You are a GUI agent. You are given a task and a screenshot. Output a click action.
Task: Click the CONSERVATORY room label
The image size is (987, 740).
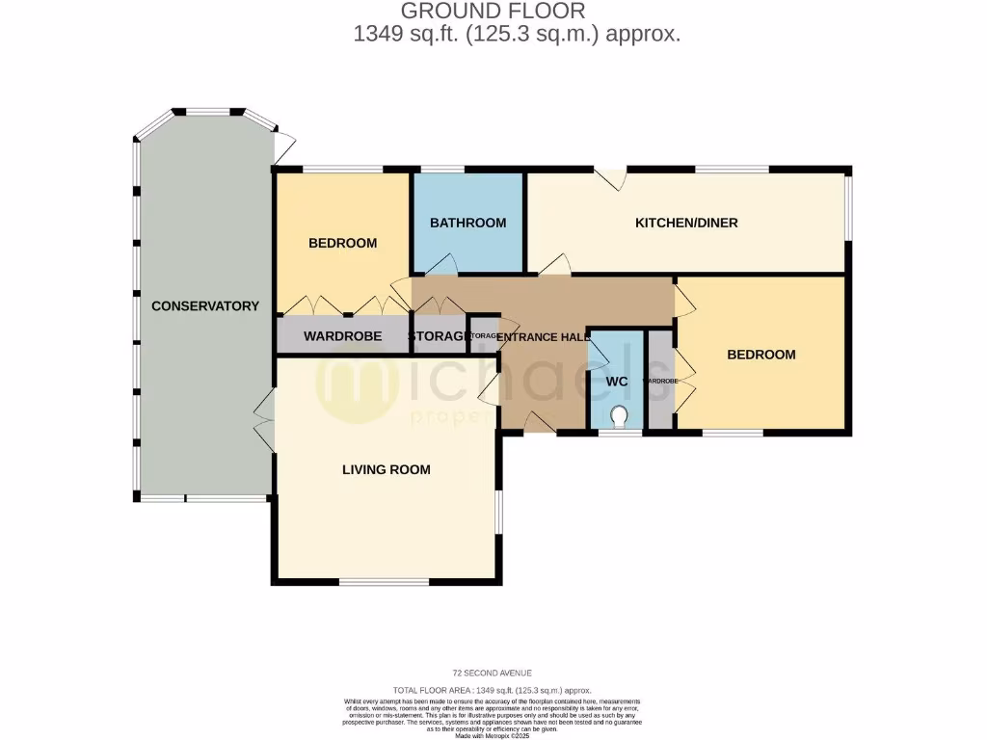[x=204, y=305]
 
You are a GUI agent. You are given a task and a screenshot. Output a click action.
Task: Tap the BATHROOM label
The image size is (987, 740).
[x=467, y=223]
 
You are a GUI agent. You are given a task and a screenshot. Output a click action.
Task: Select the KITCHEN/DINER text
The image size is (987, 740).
[x=685, y=223]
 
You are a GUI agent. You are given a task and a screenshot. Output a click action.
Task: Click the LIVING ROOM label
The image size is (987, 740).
[x=386, y=469]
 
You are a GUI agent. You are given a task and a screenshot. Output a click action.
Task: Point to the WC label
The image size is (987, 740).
[x=617, y=382]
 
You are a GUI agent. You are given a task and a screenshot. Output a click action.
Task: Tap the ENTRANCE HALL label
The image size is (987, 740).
[x=543, y=337]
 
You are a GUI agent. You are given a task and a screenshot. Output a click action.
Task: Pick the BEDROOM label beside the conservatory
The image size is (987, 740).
[x=342, y=243]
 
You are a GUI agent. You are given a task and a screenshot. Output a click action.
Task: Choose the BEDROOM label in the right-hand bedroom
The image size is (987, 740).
[x=760, y=355]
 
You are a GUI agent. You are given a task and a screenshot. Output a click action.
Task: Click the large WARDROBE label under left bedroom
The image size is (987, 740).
[x=342, y=336]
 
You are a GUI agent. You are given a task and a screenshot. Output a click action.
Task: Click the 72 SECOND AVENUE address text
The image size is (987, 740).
[x=493, y=673]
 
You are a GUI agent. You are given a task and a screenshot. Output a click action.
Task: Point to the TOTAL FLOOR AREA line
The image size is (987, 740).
[x=493, y=691]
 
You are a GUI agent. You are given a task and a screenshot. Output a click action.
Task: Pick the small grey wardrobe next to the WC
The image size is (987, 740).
[x=660, y=381]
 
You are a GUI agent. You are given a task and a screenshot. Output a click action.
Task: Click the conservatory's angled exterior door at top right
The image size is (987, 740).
[x=283, y=146]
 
